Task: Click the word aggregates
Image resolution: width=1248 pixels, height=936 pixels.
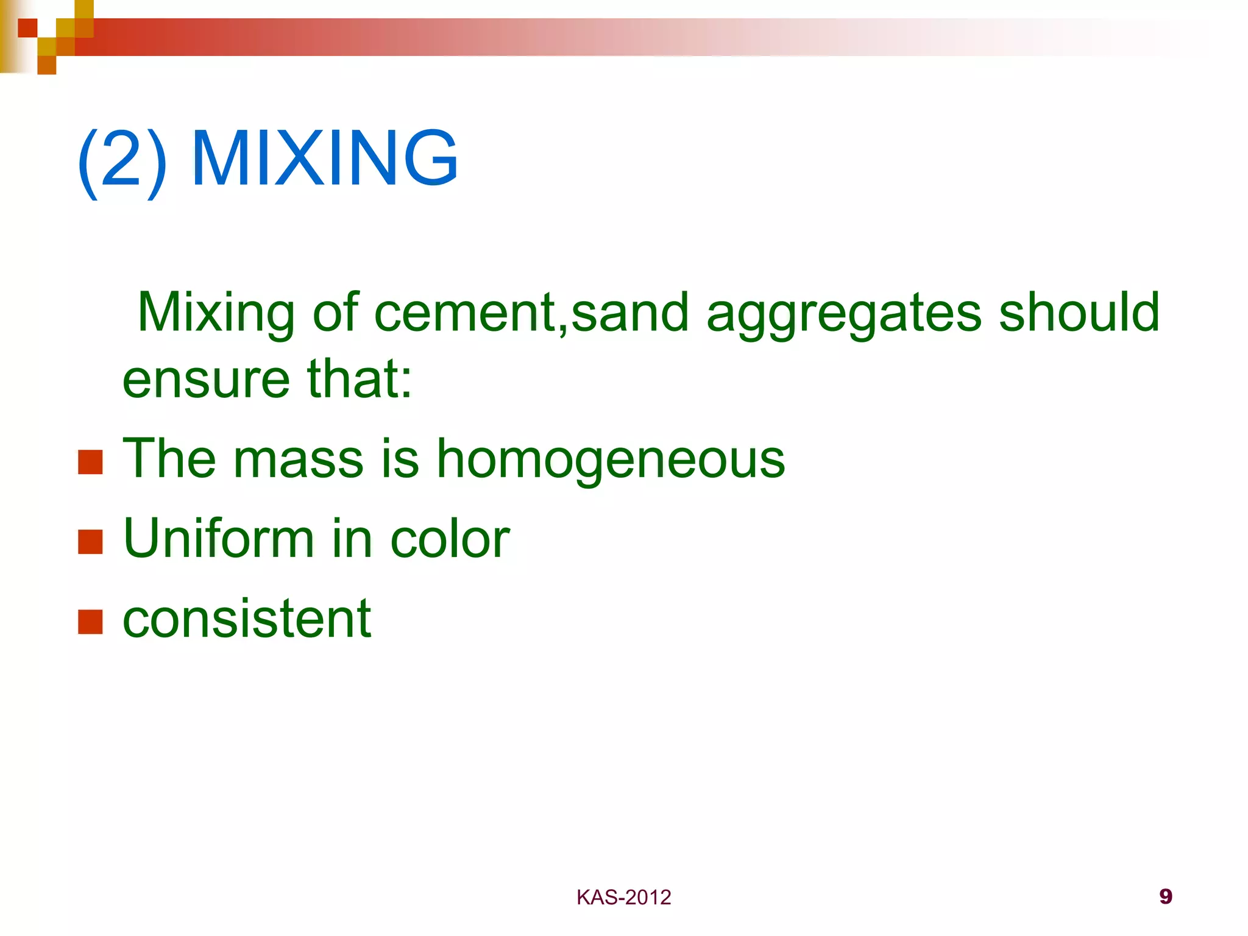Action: click(843, 314)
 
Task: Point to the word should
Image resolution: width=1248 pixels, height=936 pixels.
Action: click(1079, 312)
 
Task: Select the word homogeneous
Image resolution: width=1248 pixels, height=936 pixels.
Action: click(611, 461)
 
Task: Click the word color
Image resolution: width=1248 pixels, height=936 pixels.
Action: click(450, 539)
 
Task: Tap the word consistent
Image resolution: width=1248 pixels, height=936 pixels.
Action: click(247, 619)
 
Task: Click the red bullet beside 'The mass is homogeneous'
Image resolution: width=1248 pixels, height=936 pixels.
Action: click(90, 462)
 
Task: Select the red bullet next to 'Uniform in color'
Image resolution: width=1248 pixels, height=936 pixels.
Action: click(90, 542)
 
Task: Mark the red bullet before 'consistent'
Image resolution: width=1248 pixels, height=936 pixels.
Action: click(90, 622)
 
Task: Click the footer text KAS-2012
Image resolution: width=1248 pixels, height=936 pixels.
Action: click(623, 898)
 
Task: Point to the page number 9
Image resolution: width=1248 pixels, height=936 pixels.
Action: click(1166, 896)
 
